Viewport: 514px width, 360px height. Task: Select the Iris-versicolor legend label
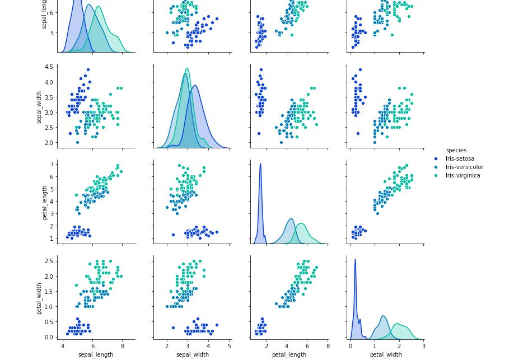coord(464,167)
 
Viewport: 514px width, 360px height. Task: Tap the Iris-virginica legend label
coord(462,175)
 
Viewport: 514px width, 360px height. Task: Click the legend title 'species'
coord(456,150)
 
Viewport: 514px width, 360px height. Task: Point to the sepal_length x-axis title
coord(95,354)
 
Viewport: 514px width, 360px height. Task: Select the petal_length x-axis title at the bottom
coord(289,354)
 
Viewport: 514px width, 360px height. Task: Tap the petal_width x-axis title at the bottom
coord(385,354)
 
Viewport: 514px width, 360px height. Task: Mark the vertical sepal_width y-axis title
coord(39,107)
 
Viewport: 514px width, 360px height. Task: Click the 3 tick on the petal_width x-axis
coord(423,346)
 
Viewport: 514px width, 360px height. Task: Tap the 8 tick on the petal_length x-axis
coord(327,346)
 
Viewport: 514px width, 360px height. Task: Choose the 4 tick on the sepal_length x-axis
coord(63,346)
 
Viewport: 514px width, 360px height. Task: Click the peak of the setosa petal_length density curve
coord(260,164)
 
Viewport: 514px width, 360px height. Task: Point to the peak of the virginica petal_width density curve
coord(398,324)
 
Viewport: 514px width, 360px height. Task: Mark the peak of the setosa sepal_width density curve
coord(194,86)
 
